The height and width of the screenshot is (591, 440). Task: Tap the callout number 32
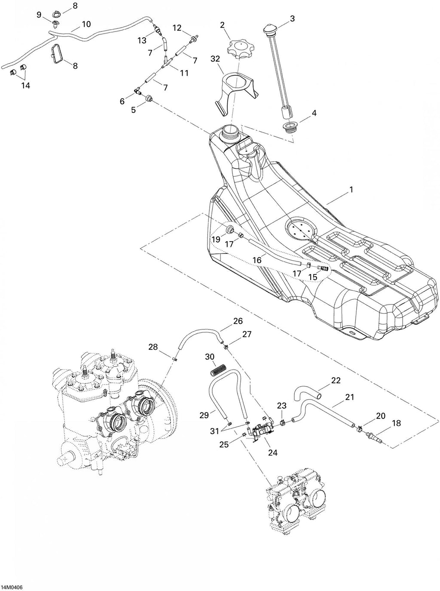[x=215, y=58]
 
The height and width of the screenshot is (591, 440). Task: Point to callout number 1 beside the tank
[x=351, y=190]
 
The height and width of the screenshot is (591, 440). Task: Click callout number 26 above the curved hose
[x=238, y=321]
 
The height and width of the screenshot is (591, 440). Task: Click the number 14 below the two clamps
[x=25, y=86]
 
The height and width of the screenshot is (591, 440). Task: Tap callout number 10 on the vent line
[x=86, y=24]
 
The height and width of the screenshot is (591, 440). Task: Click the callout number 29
[x=204, y=415]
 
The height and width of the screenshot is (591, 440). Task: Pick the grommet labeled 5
[x=149, y=98]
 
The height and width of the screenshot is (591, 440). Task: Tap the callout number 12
[x=177, y=28]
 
